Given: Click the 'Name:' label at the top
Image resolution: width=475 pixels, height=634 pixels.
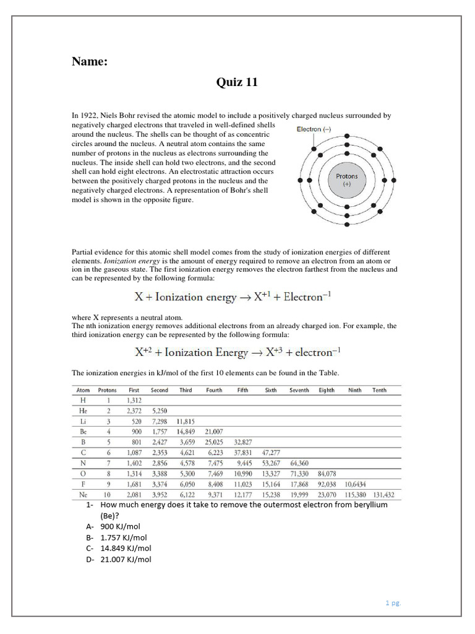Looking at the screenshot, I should [x=90, y=61].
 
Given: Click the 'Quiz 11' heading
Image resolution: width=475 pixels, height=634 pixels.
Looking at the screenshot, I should [x=237, y=82].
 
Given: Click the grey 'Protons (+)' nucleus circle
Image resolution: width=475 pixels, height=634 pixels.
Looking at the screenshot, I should [x=346, y=180].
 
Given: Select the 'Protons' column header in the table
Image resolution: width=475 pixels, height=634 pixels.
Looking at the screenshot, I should [x=107, y=390].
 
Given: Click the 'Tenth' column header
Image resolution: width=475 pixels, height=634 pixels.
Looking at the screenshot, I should [x=379, y=390].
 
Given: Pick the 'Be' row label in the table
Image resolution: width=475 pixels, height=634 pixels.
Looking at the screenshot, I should [x=83, y=431].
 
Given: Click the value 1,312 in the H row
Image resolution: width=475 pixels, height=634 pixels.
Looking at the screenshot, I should [x=134, y=400].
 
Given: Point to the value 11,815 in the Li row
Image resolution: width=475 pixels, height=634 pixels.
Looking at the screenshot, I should [x=185, y=421].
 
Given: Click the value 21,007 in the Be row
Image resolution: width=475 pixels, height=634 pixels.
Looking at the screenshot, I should [x=213, y=431].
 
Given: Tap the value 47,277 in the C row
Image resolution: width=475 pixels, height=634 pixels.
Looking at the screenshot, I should [x=270, y=452].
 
